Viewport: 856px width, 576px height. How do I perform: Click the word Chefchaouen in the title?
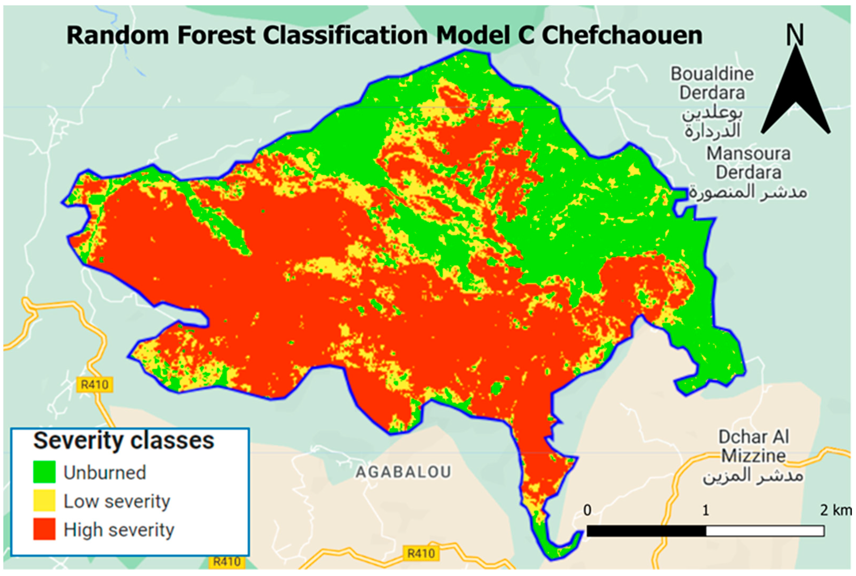622,36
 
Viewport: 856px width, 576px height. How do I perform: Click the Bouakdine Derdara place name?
712,83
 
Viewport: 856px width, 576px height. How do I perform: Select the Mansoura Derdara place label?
749,163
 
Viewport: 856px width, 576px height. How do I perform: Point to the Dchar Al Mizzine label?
753,446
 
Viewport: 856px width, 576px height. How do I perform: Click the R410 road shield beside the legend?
95,385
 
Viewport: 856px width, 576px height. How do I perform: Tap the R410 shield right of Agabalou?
421,553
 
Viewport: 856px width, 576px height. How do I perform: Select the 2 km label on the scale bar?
835,510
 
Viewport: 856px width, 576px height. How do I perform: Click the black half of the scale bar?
646,531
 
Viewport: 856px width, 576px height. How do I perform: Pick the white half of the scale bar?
765,531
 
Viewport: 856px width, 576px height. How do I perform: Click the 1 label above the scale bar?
705,510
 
